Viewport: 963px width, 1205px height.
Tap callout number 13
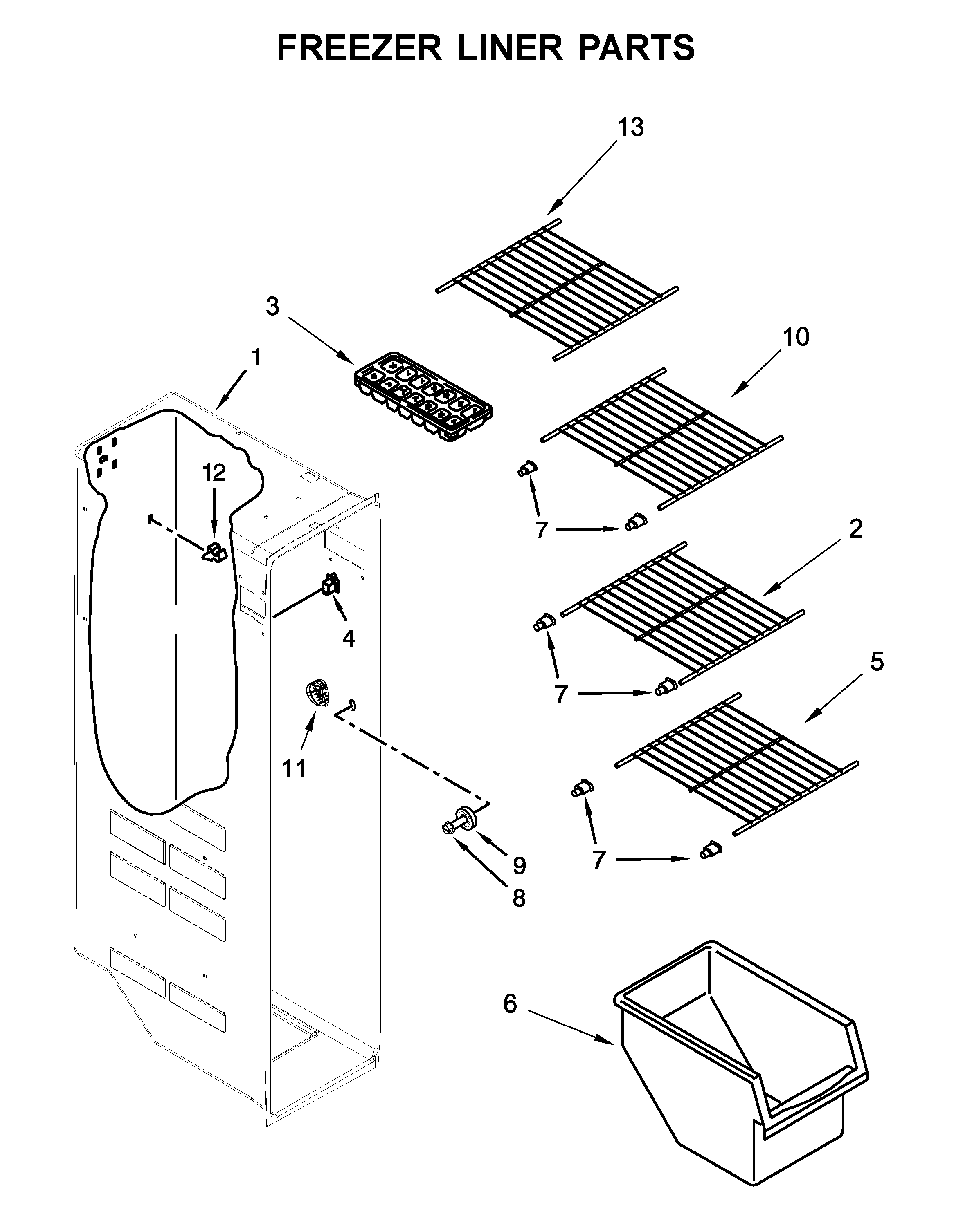coord(630,128)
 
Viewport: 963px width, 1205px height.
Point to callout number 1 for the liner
coord(256,357)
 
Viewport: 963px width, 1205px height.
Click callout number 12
coord(214,473)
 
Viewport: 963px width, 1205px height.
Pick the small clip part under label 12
coord(215,553)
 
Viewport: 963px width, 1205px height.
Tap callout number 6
coord(510,1004)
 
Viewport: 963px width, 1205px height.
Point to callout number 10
coord(795,337)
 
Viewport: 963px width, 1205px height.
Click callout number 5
coord(877,662)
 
